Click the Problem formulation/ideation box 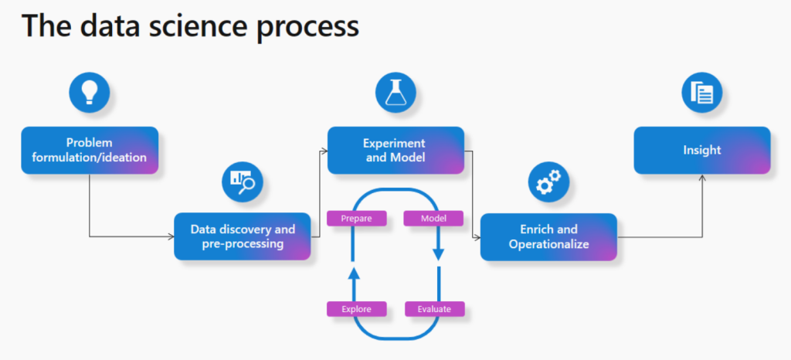tap(90, 151)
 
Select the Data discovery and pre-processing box tap(243, 236)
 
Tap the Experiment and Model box tap(395, 151)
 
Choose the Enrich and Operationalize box tap(548, 236)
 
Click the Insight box tap(701, 151)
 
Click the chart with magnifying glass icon tap(243, 181)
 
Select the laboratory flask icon tap(395, 93)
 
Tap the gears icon tap(548, 181)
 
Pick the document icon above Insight tap(701, 93)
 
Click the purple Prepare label tap(357, 219)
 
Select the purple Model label tap(433, 219)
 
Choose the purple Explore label tap(357, 309)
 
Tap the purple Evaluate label tap(434, 309)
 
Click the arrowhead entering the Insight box tap(701, 178)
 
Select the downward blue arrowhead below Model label tap(439, 256)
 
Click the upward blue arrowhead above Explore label tap(354, 272)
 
